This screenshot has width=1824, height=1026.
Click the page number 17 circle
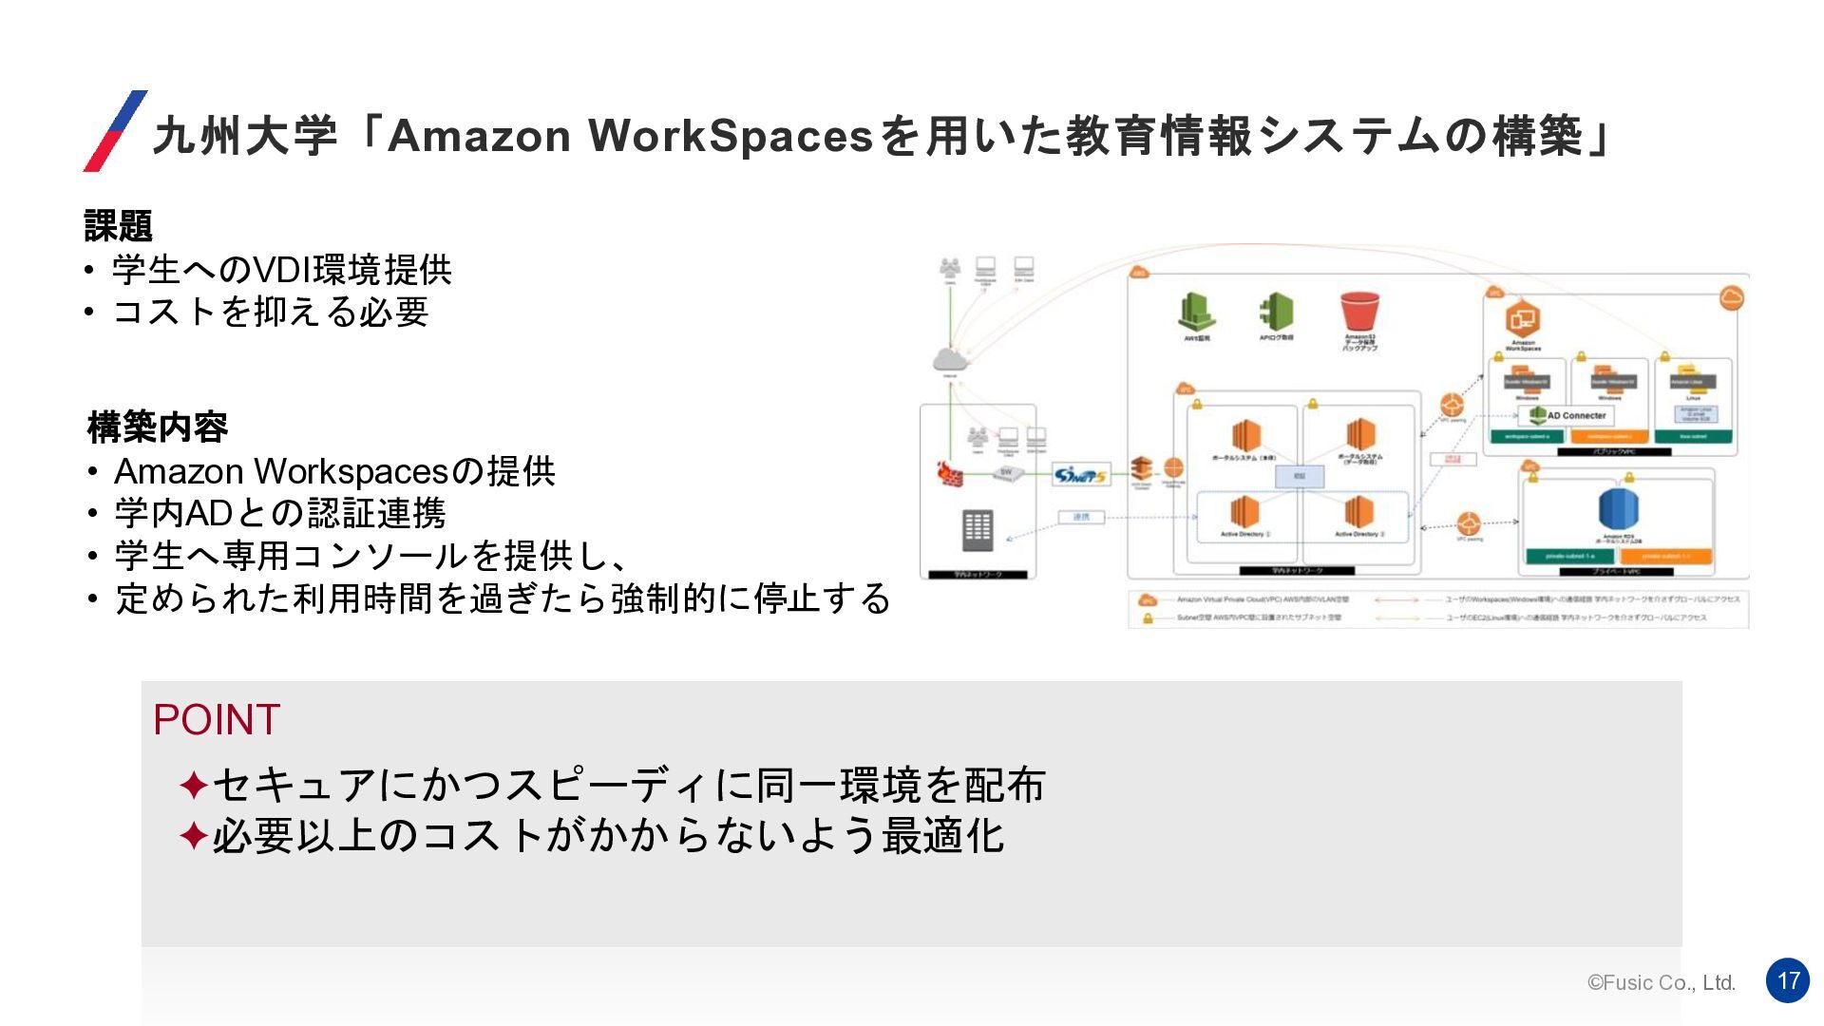1787,980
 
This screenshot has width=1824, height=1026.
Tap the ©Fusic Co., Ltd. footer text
1661,982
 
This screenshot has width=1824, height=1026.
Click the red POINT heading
217,720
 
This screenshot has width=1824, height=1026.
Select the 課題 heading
119,226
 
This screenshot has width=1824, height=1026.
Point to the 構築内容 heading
158,427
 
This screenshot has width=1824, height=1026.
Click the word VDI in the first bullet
280,271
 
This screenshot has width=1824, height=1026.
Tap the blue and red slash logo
116,131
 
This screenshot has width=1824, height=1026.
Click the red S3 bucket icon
1359,312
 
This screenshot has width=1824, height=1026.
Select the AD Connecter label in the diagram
1575,415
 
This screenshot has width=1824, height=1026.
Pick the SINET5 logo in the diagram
1081,474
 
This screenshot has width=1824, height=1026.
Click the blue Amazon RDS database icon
1618,509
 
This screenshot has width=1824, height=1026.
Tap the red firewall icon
950,472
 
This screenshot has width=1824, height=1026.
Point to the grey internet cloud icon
949,359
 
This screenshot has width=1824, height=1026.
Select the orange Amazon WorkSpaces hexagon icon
1523,320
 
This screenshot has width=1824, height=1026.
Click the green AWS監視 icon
1197,312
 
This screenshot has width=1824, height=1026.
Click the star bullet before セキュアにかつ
194,786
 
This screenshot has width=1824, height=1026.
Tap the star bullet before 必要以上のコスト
194,837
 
